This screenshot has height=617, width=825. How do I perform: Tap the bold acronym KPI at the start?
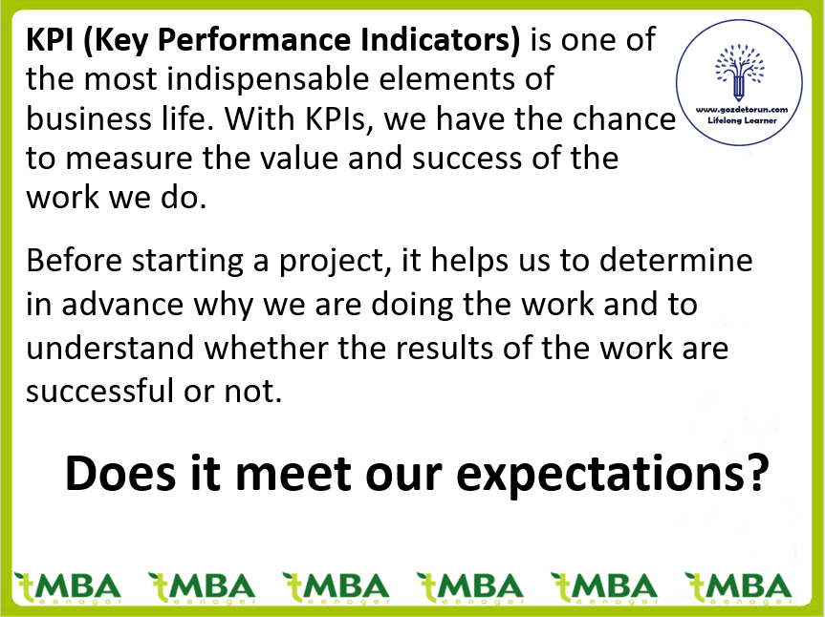(x=50, y=40)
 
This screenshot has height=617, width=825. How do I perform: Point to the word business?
(x=88, y=118)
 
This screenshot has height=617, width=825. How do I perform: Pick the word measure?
(x=129, y=159)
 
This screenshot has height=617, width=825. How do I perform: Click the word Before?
(x=75, y=260)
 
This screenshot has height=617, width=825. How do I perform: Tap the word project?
(x=336, y=261)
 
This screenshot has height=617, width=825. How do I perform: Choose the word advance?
(x=122, y=305)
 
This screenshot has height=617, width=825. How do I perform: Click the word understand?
(x=110, y=348)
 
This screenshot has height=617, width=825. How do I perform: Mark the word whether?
(x=266, y=348)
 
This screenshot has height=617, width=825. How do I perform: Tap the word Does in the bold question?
(x=120, y=473)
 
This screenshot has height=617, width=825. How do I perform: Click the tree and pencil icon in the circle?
(x=739, y=72)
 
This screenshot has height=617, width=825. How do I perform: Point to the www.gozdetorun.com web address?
(x=742, y=110)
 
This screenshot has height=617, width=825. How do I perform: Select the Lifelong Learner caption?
(x=743, y=120)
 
